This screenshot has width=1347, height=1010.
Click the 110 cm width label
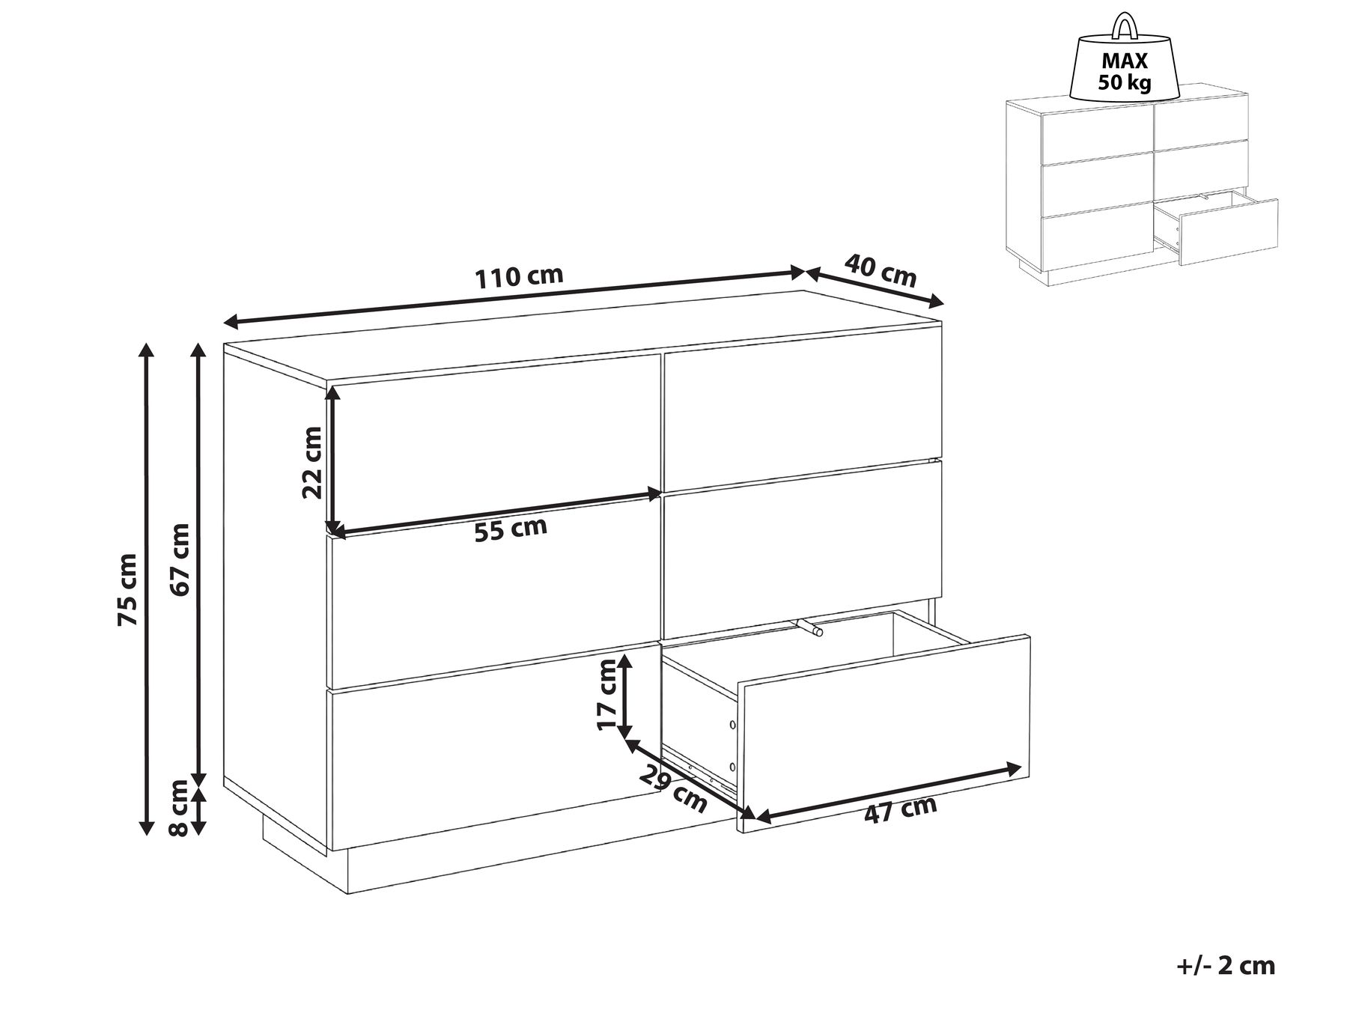pyautogui.click(x=519, y=276)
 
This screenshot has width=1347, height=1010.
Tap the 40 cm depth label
pyautogui.click(x=881, y=270)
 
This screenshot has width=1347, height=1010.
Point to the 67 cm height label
pyautogui.click(x=180, y=559)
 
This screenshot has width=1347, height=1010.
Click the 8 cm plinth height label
pyautogui.click(x=180, y=808)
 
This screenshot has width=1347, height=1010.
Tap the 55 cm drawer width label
pyautogui.click(x=511, y=529)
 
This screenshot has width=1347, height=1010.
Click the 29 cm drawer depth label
pyautogui.click(x=672, y=789)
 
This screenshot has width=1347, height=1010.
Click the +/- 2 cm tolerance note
pyautogui.click(x=1225, y=965)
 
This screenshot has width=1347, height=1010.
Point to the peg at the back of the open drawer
pyautogui.click(x=809, y=627)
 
